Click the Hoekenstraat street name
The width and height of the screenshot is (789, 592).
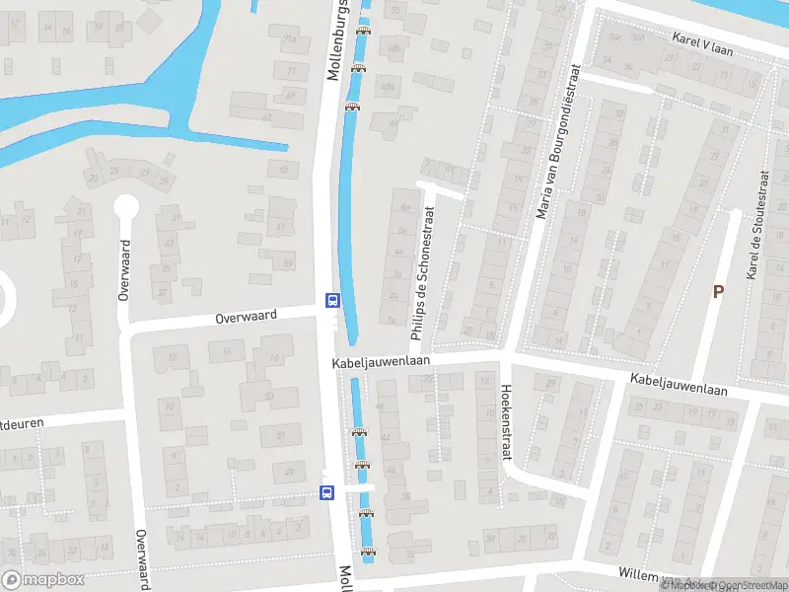pyautogui.click(x=506, y=421)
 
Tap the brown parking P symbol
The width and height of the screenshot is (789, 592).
pyautogui.click(x=718, y=290)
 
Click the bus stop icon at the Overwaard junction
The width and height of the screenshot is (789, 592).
pyautogui.click(x=332, y=300)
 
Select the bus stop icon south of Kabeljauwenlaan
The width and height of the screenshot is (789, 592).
pyautogui.click(x=326, y=491)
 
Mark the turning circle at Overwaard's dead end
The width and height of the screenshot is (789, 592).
pyautogui.click(x=125, y=207)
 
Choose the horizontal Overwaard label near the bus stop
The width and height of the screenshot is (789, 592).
pyautogui.click(x=248, y=317)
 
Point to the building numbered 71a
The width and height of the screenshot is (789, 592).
pyautogui.click(x=289, y=40)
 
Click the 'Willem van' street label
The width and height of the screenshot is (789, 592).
pyautogui.click(x=641, y=573)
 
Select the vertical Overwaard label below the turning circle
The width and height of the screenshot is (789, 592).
pyautogui.click(x=124, y=269)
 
